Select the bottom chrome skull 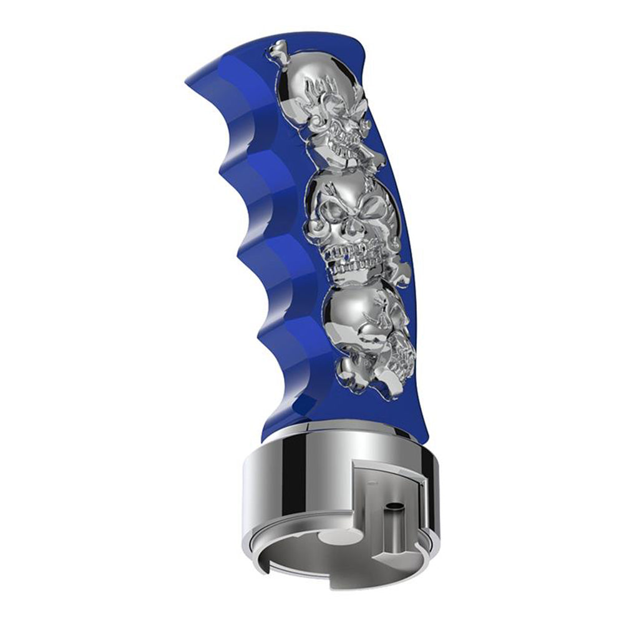pyautogui.click(x=362, y=337)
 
